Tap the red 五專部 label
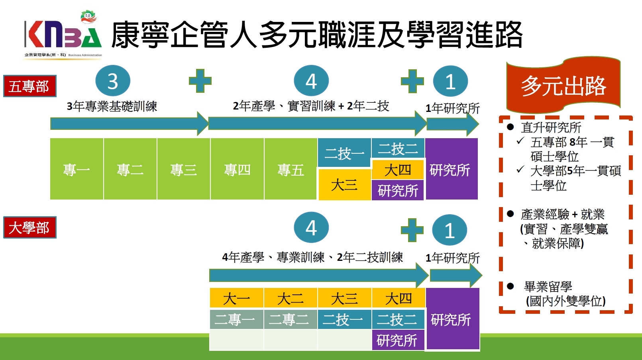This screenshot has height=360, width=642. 29,86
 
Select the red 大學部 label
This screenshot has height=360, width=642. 29,227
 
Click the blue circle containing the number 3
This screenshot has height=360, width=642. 113,81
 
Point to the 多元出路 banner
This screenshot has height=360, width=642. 563,86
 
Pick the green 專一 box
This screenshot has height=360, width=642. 77,169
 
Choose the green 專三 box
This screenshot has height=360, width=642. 183,169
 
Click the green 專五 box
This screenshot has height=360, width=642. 291,169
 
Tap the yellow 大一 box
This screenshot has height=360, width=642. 236,298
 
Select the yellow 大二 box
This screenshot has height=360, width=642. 290,298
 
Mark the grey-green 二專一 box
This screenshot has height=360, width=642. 236,319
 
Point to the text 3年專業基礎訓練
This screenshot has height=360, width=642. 112,106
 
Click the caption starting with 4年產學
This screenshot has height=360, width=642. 312,257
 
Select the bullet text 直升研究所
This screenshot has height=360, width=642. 551,127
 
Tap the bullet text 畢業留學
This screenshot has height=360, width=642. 548,286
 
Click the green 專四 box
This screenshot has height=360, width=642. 237,169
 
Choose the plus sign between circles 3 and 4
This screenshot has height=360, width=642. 200,81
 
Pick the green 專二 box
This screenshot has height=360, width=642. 130,169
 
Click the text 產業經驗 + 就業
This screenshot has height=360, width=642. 562,214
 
